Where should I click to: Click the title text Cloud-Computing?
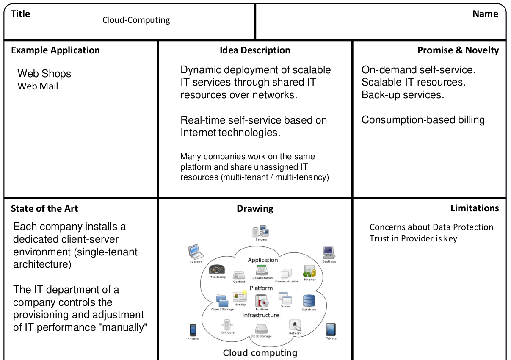click(x=136, y=20)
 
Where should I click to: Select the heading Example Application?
click(x=55, y=50)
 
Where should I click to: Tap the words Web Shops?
click(x=44, y=74)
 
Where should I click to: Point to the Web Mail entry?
click(x=38, y=86)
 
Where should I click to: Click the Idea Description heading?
click(x=255, y=50)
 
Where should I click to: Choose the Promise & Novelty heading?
click(x=458, y=50)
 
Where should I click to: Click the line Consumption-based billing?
click(x=423, y=120)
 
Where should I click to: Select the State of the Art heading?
click(x=44, y=208)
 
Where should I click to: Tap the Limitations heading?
click(x=475, y=208)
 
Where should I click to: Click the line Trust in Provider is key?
click(x=413, y=238)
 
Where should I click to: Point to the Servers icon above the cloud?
click(x=261, y=231)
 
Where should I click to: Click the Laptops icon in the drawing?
click(x=196, y=252)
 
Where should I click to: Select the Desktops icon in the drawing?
click(x=329, y=252)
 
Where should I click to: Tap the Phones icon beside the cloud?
click(x=193, y=330)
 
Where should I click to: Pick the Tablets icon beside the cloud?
click(x=331, y=329)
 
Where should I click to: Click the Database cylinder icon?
click(x=309, y=301)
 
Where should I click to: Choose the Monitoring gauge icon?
click(x=218, y=270)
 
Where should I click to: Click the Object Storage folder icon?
click(x=222, y=300)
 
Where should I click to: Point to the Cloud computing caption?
click(x=260, y=353)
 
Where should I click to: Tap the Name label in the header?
click(x=485, y=14)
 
